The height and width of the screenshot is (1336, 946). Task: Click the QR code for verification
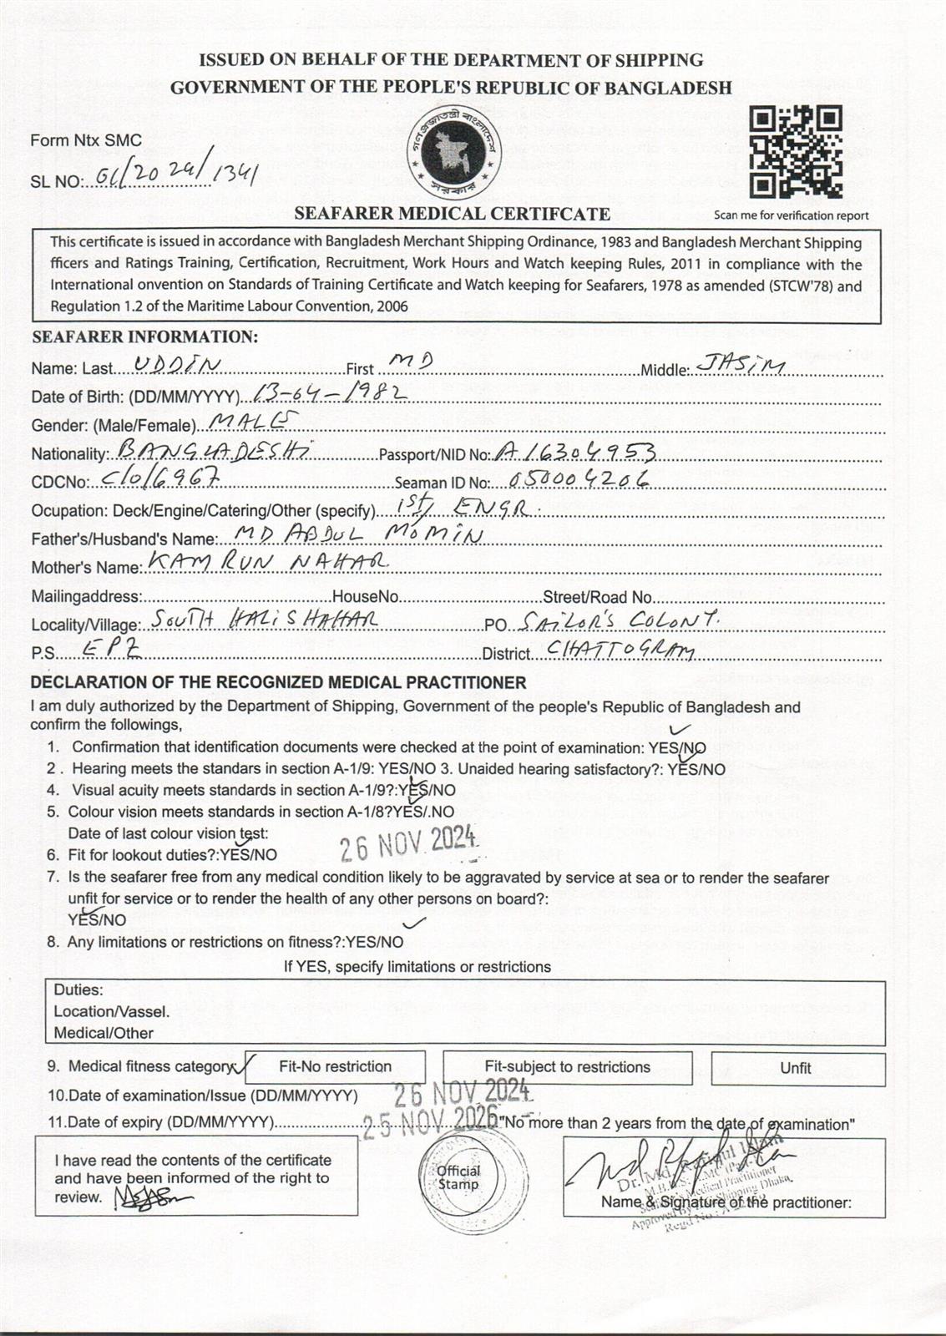point(794,152)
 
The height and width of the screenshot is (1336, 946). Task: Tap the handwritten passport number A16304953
point(574,452)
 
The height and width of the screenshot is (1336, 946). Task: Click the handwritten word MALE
point(250,421)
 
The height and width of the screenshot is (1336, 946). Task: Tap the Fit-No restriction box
point(335,1066)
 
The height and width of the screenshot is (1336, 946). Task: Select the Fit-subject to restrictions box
point(567,1066)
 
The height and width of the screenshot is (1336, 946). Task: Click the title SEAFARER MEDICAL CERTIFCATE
point(452,214)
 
